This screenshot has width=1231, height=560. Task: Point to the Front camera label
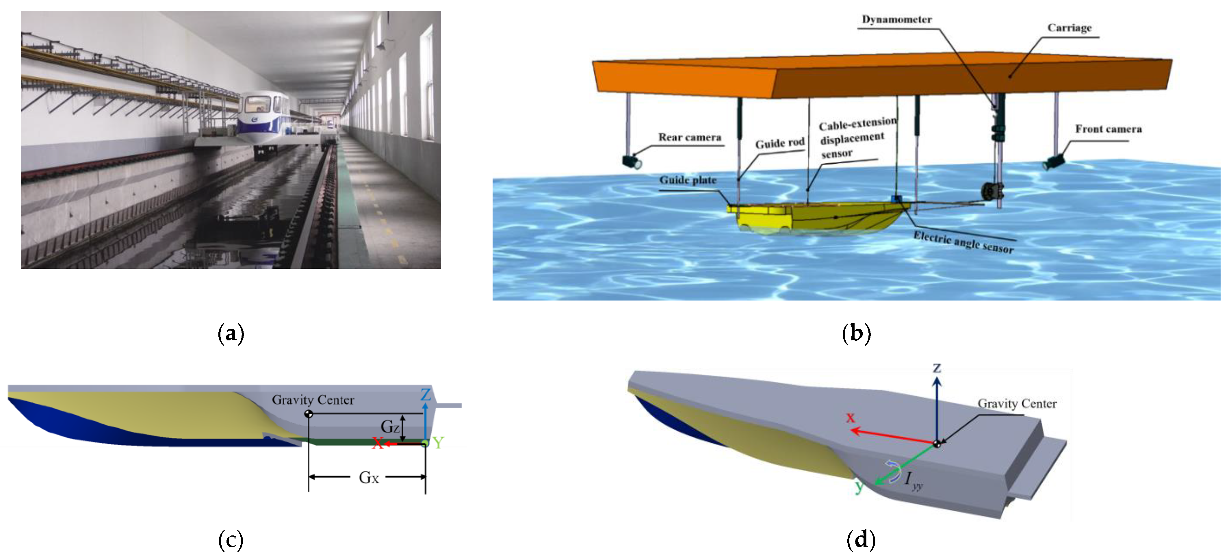(x=1108, y=129)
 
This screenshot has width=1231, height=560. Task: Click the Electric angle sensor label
(x=963, y=242)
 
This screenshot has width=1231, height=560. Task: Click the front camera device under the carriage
(x=1054, y=162)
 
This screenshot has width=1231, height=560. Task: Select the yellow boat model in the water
(x=812, y=217)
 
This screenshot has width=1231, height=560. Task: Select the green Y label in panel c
(x=438, y=443)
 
